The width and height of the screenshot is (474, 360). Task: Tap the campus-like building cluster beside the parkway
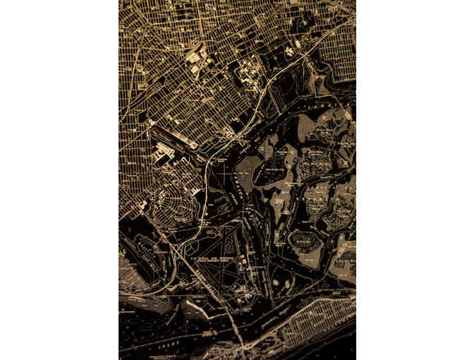[x=247, y=71]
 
